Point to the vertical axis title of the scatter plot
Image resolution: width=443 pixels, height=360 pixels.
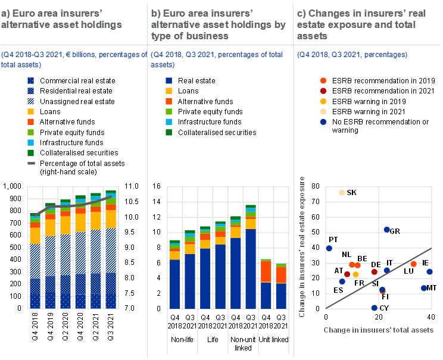pyautogui.click(x=302, y=246)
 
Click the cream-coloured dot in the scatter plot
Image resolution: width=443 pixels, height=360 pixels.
pyautogui.click(x=342, y=192)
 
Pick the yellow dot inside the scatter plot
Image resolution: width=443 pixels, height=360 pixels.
pyautogui.click(x=355, y=274)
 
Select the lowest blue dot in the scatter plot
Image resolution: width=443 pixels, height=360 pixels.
pyautogui.click(x=375, y=308)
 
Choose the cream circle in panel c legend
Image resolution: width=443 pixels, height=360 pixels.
pyautogui.click(x=323, y=111)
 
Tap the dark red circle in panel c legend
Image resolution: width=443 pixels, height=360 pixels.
pyautogui.click(x=323, y=90)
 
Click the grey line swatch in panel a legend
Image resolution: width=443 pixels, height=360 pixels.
pyautogui.click(x=31, y=162)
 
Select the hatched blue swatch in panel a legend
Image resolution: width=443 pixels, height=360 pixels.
pyautogui.click(x=31, y=101)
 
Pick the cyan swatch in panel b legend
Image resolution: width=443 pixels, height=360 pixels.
pyautogui.click(x=169, y=121)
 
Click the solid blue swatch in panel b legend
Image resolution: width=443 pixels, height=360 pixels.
pyautogui.click(x=169, y=80)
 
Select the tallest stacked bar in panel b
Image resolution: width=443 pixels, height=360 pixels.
pyautogui.click(x=251, y=256)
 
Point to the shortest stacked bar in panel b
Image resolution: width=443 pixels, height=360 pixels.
pyautogui.click(x=281, y=286)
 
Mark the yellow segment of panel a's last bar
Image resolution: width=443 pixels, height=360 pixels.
pyautogui.click(x=111, y=218)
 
